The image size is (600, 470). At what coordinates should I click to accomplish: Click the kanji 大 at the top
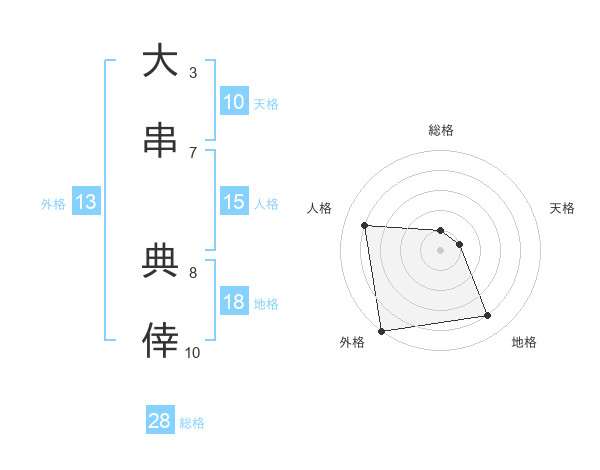tap(160, 61)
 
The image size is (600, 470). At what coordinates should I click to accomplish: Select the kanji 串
tap(160, 141)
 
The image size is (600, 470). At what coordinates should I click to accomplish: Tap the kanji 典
tap(160, 261)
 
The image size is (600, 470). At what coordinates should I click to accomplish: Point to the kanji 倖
tap(160, 340)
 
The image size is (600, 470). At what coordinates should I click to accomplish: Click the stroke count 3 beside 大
tap(193, 72)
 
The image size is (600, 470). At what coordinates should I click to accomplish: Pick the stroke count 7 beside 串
tap(193, 152)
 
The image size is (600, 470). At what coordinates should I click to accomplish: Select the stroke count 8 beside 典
tap(193, 272)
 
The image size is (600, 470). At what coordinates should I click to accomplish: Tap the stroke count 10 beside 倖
tap(193, 352)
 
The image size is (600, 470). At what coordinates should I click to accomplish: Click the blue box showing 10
tap(234, 102)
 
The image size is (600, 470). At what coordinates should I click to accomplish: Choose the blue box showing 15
tap(234, 202)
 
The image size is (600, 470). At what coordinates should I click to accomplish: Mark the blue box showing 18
tap(234, 302)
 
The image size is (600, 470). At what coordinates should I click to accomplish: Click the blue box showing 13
tap(86, 202)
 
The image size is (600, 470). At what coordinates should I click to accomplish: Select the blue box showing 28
tap(160, 421)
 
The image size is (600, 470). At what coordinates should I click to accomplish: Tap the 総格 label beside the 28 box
tap(192, 423)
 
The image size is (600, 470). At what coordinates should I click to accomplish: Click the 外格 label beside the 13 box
tap(53, 204)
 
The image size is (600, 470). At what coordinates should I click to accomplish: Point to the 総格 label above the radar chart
tap(441, 130)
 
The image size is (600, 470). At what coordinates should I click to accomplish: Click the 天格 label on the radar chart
tap(563, 208)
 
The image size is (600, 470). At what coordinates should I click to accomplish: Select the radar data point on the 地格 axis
tap(488, 316)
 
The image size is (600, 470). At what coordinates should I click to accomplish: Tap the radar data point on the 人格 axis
tap(365, 225)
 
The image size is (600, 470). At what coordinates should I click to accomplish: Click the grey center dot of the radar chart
tap(441, 250)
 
